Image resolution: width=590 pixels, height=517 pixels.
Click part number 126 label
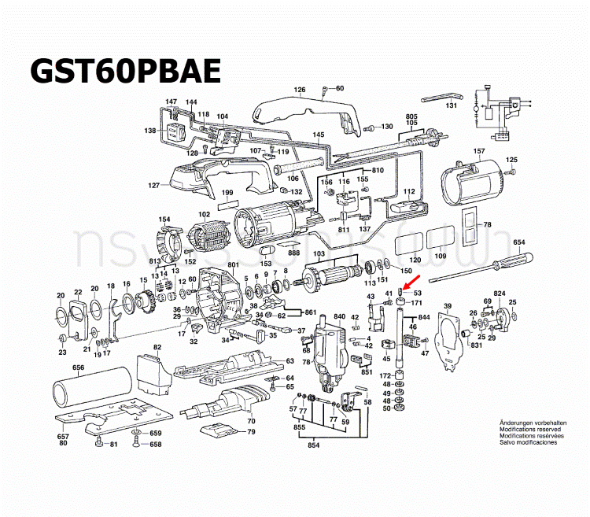pyautogui.click(x=299, y=90)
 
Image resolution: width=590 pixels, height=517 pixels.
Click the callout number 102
pyautogui.click(x=204, y=215)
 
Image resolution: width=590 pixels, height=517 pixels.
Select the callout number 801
pyautogui.click(x=233, y=264)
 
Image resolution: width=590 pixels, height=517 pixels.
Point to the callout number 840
pyautogui.click(x=339, y=316)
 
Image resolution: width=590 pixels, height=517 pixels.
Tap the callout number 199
pyautogui.click(x=227, y=193)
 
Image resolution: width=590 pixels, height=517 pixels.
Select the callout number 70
pyautogui.click(x=251, y=400)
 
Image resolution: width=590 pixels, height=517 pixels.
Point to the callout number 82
pyautogui.click(x=157, y=347)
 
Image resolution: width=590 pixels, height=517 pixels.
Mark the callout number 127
pyautogui.click(x=153, y=186)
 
